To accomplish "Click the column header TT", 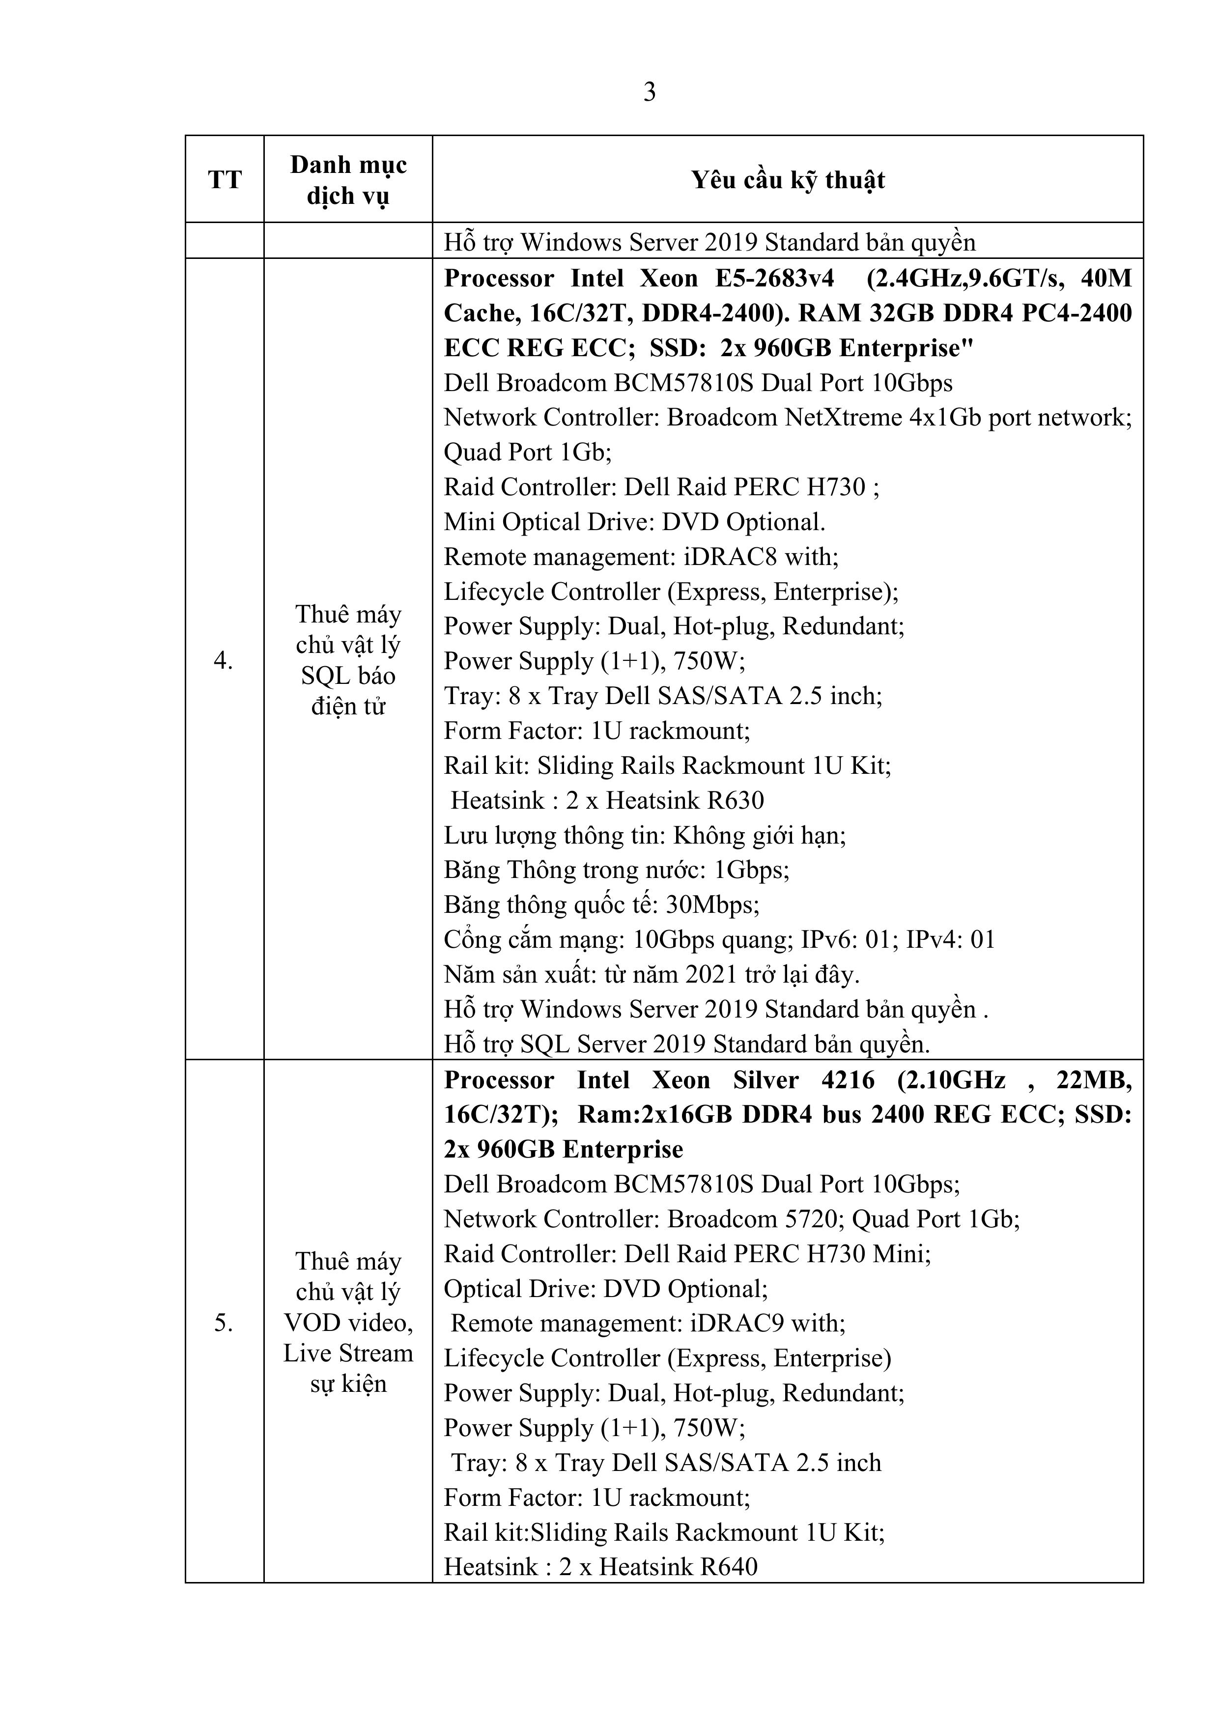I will [x=225, y=180].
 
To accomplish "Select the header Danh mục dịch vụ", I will [x=348, y=180].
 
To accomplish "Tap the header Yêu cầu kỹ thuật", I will [x=788, y=180].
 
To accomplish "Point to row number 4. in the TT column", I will [x=223, y=661].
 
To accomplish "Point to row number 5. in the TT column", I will [x=223, y=1322].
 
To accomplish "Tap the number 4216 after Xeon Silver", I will [x=848, y=1080].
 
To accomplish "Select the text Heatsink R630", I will [x=685, y=800].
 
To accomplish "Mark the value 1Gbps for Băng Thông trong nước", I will [x=750, y=870].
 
